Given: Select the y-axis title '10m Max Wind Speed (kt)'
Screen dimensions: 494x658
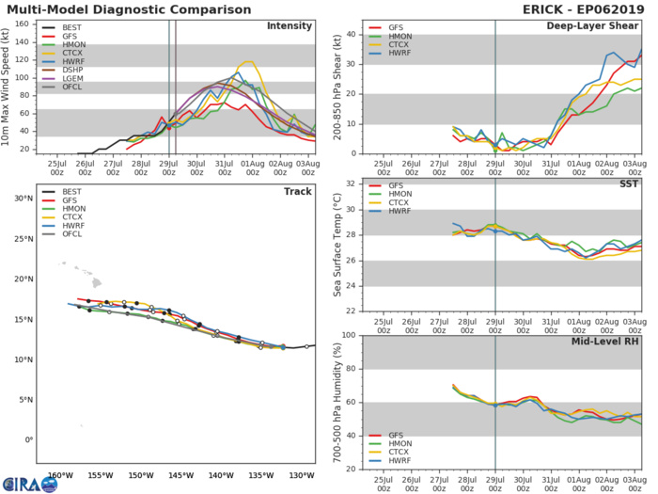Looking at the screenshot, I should point(8,87).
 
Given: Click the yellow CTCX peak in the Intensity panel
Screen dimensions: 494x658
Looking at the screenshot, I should point(247,62).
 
